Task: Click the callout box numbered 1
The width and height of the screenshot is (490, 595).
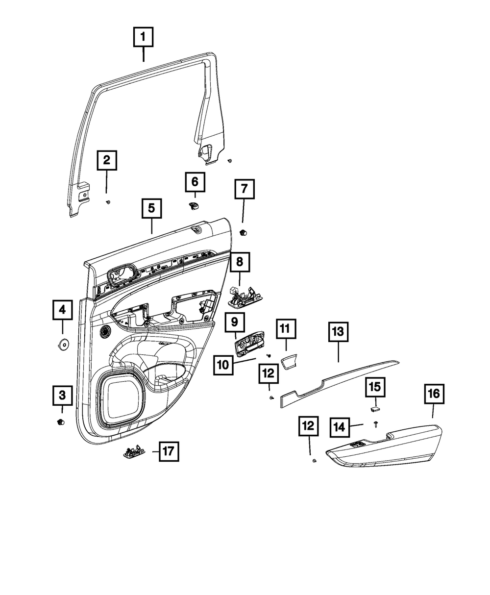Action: click(x=144, y=36)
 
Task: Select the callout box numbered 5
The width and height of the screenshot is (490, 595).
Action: click(x=151, y=208)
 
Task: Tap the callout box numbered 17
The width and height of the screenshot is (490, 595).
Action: click(x=168, y=451)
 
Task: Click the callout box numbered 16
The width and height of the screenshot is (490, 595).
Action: click(x=435, y=394)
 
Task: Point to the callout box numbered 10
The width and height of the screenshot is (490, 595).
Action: click(x=223, y=365)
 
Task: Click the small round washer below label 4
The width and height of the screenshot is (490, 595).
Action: click(x=63, y=344)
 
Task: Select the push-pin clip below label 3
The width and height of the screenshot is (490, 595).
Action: click(x=61, y=422)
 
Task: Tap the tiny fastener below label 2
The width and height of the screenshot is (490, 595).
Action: click(x=108, y=202)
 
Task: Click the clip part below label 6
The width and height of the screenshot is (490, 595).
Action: click(x=194, y=206)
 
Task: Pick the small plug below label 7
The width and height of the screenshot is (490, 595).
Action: click(x=244, y=232)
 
